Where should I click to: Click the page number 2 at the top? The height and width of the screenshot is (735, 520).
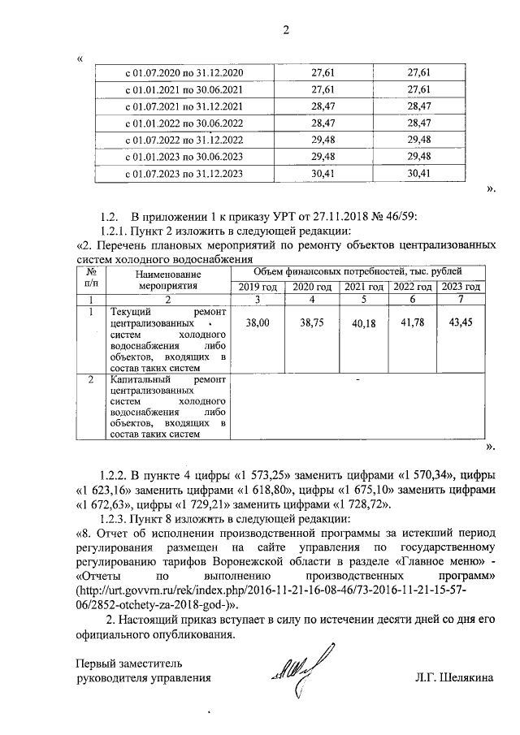286,32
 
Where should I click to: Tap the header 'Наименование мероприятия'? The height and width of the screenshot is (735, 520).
167,280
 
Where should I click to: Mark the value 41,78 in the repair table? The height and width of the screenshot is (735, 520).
411,324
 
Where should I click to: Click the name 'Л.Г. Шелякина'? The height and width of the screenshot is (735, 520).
454,677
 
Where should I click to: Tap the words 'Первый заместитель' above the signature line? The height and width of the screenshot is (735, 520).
123,662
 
